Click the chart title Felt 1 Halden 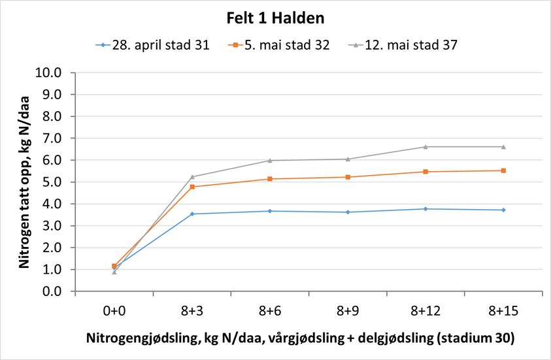pos(275,18)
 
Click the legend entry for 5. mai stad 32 pos(279,45)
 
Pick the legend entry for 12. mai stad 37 pos(403,45)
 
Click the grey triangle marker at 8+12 pos(426,147)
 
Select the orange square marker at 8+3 pos(192,187)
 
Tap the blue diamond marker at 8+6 pos(270,211)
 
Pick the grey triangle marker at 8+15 pos(503,147)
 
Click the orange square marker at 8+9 pos(348,177)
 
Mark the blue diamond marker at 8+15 pos(503,210)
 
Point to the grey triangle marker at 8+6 pos(270,160)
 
